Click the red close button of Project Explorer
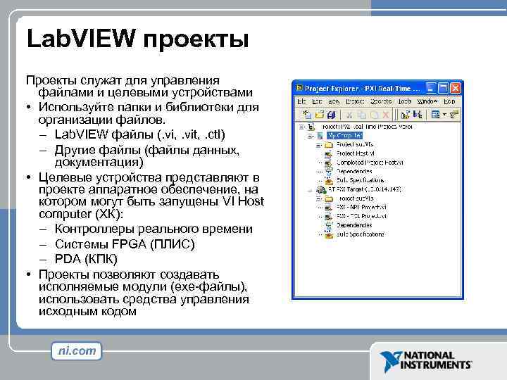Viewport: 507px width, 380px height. (455, 89)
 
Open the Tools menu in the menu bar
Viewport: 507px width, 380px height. (404, 101)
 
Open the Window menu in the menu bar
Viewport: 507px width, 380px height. (427, 101)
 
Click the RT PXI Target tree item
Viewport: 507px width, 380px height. (359, 190)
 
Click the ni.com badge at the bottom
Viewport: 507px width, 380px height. (76, 351)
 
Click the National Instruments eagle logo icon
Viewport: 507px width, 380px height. (389, 361)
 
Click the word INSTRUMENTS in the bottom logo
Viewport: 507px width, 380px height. (437, 365)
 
